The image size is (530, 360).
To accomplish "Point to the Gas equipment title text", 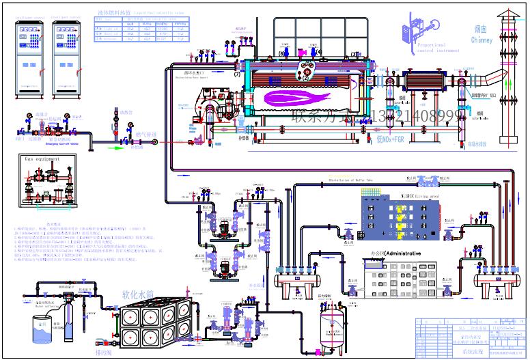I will [x=42, y=158].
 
